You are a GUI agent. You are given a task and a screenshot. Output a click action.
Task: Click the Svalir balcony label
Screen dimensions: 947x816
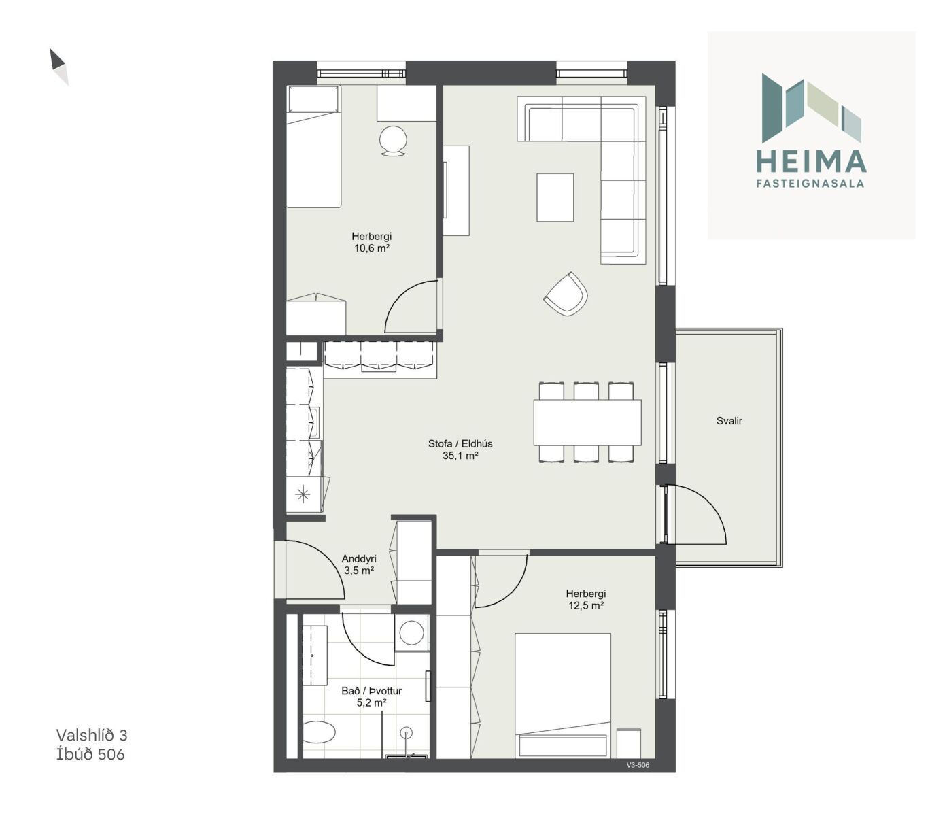(729, 421)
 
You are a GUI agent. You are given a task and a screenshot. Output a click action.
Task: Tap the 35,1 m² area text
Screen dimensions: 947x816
(460, 456)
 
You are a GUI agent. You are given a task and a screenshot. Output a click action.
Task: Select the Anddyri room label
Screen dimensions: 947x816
(359, 558)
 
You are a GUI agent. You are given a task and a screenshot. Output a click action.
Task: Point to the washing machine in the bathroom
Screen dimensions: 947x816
(411, 632)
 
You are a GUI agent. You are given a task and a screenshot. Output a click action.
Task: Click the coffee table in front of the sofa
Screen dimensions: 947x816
(555, 197)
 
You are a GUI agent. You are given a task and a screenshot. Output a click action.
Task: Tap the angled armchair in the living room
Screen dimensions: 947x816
(566, 293)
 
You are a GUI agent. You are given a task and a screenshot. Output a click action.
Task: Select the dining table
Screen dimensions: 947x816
(587, 422)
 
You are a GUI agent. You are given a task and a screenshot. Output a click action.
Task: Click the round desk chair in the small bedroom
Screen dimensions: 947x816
(393, 141)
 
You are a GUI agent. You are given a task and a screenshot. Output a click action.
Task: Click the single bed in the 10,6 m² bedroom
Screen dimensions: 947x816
(314, 146)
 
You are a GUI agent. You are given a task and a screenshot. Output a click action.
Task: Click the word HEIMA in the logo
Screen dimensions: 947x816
(811, 161)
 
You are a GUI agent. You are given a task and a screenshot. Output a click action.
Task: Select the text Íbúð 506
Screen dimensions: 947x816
(90, 753)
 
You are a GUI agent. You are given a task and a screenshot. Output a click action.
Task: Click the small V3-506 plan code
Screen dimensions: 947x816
(638, 765)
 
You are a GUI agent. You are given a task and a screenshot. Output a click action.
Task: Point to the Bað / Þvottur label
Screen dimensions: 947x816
(371, 690)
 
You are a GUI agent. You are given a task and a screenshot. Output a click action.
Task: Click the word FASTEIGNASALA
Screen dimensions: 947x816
(810, 184)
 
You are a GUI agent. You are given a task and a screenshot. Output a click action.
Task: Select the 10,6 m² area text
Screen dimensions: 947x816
(372, 248)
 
